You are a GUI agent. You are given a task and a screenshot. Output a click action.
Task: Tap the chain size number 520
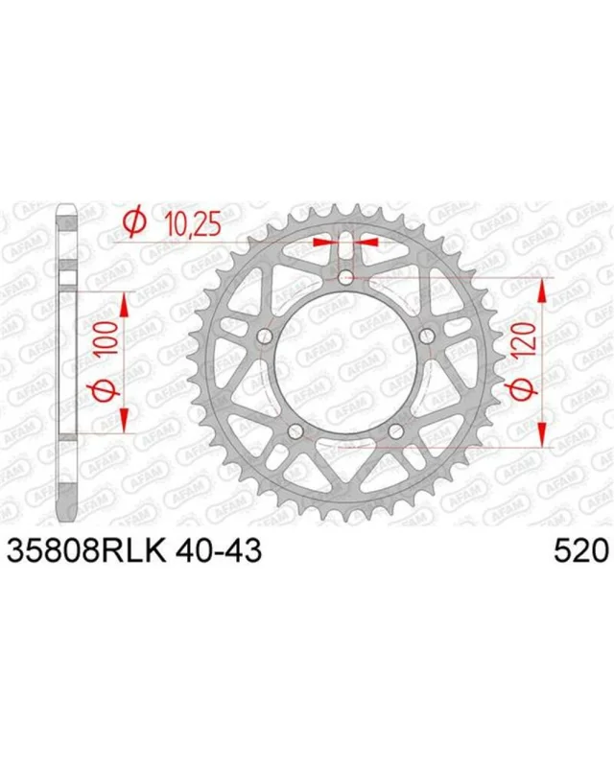point(580,550)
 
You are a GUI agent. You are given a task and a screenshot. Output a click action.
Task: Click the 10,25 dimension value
point(193,224)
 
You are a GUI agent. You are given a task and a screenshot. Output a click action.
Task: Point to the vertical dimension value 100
point(108,339)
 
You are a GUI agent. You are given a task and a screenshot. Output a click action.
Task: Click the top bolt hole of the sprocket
point(346,277)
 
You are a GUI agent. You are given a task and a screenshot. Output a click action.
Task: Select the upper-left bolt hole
point(266,336)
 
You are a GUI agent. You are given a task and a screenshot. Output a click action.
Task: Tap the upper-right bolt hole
point(427,336)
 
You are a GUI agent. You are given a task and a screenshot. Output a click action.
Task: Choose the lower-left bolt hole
point(295,430)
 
